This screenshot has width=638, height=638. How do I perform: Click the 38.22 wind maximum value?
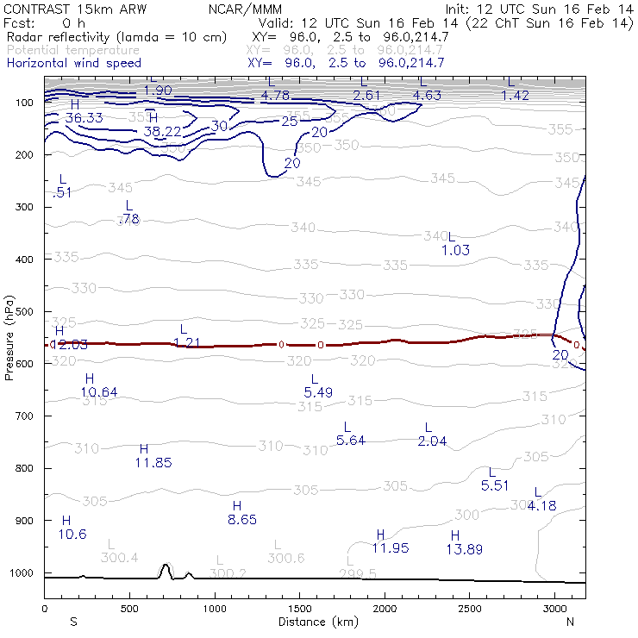(x=162, y=131)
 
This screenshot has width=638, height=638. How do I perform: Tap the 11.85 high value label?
(x=153, y=463)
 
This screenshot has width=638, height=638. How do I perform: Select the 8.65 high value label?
(x=242, y=520)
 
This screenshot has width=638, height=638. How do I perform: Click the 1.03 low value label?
(x=455, y=250)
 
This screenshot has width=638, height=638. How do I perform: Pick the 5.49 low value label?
(x=318, y=392)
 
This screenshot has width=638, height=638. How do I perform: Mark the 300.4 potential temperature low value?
(x=119, y=558)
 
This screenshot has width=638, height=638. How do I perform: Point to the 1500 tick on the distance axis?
(x=299, y=610)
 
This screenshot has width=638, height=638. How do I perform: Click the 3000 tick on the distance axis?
(x=554, y=610)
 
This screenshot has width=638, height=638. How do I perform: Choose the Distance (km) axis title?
(x=314, y=622)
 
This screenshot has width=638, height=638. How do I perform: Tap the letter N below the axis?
(x=571, y=622)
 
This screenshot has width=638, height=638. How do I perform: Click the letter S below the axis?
(x=73, y=622)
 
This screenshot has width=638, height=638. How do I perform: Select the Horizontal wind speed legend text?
(x=73, y=64)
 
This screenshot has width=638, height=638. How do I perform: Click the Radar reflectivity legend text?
(x=116, y=38)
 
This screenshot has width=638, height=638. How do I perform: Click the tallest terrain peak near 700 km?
(x=165, y=566)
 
